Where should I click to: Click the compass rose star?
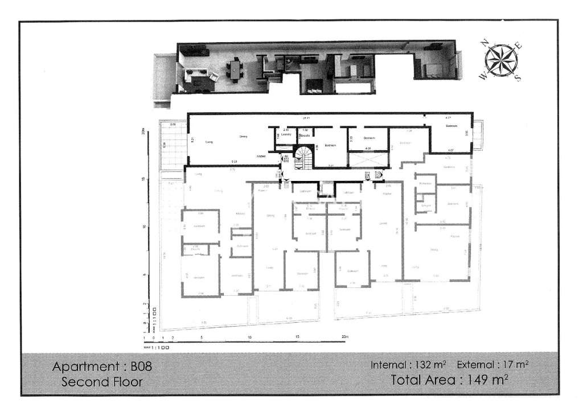[500, 60]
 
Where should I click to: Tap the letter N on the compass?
[485, 42]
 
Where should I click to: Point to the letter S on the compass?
[518, 79]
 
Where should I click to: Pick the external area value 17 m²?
[515, 365]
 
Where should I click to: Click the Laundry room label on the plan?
[286, 135]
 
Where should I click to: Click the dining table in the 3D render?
[234, 69]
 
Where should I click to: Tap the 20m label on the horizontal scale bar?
[344, 337]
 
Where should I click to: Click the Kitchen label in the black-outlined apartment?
[261, 155]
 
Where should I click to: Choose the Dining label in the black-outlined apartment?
[243, 137]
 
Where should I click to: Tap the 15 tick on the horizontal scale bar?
[297, 337]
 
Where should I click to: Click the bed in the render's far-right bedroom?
[436, 71]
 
